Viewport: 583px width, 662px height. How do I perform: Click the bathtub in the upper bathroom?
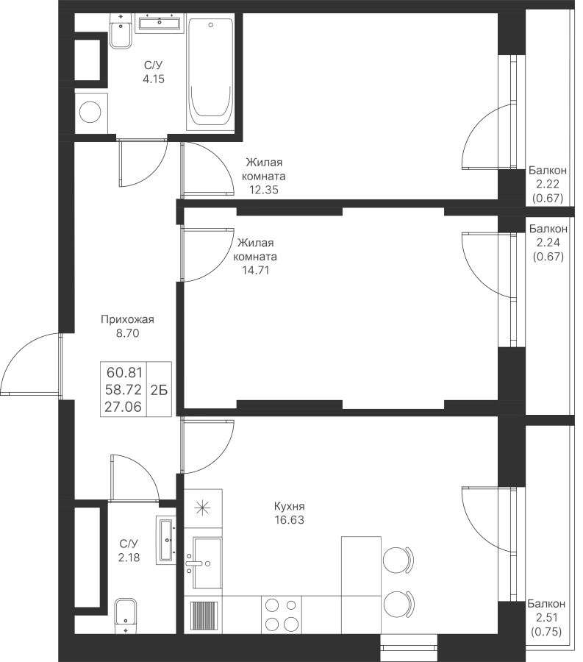210,74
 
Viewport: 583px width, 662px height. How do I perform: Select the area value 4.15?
153,79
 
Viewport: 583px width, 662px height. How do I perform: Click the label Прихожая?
127,319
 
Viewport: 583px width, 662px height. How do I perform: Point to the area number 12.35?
264,190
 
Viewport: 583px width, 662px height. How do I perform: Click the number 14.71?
255,270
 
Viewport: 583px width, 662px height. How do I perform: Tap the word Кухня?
290,506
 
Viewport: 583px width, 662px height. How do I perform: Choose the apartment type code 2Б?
159,390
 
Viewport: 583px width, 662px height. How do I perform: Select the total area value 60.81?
124,372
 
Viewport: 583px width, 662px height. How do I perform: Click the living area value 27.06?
124,407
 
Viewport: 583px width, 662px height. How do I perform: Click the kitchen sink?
203,563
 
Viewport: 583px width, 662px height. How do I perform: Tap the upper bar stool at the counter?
398,560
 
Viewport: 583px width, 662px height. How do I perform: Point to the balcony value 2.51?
547,618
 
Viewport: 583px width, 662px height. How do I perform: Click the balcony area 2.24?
548,242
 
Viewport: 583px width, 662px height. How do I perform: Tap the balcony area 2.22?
548,184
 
